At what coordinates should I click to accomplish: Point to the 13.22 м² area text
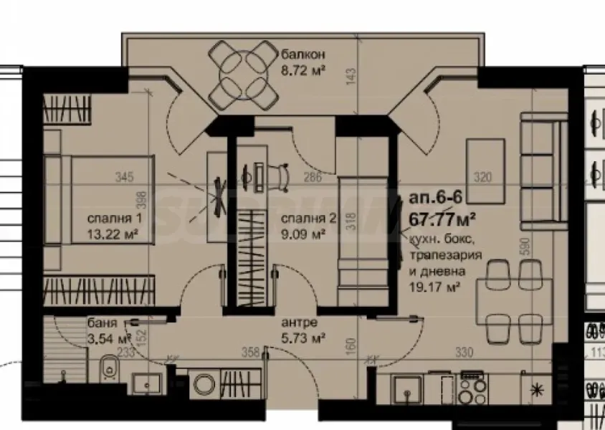[x=111, y=233]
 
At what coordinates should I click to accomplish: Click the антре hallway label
[x=300, y=322]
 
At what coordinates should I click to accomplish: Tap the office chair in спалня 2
[x=280, y=174]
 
